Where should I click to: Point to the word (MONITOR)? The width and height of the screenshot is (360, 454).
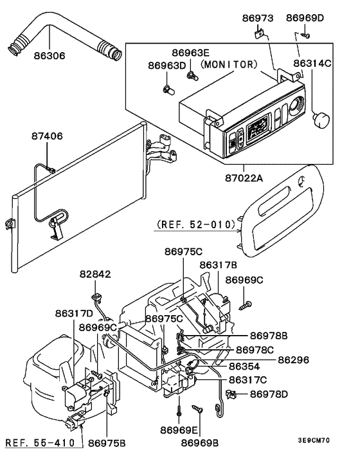[228, 65]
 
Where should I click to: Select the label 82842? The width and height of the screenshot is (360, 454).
[96, 275]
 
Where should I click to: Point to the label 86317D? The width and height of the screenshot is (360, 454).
[74, 313]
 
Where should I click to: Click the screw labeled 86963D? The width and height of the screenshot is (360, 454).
[169, 88]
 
